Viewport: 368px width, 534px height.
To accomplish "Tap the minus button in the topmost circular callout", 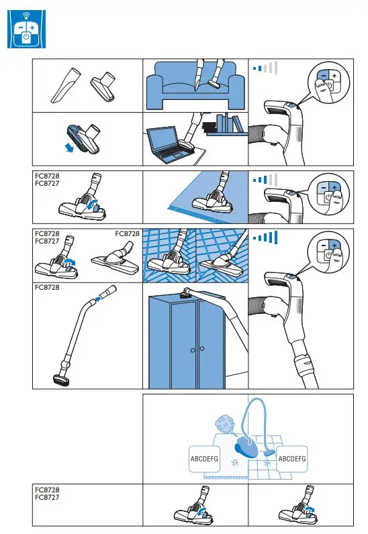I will point(324,78).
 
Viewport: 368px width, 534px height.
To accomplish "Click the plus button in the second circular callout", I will point(334,187).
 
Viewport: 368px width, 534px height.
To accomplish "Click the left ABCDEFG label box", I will point(206,458).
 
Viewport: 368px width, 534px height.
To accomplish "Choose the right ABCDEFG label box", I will point(292,458).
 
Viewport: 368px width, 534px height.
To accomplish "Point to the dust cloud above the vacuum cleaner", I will point(224,426).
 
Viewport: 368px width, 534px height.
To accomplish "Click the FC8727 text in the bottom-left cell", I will point(47,498).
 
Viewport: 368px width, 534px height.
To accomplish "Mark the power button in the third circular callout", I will point(328,256).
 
